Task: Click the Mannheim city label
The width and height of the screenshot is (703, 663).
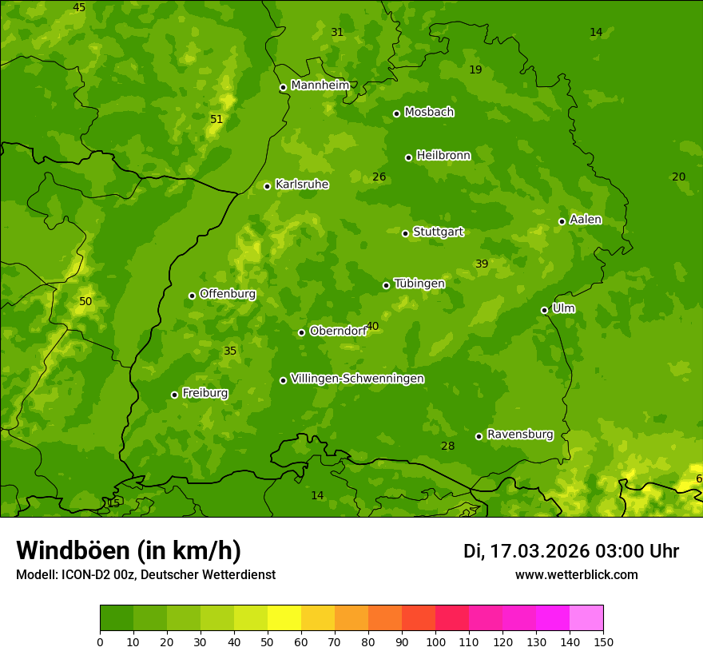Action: pos(320,85)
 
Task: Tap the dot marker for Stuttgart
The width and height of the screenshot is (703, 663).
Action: pos(405,233)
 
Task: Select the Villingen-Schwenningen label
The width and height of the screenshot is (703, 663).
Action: pos(357,379)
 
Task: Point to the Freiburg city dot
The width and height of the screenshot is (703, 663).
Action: pos(174,395)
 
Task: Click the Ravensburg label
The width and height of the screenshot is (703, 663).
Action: pos(519,435)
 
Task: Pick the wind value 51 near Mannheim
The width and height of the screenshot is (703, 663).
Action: pos(216,119)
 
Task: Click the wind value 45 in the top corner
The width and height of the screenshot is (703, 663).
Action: pos(79,7)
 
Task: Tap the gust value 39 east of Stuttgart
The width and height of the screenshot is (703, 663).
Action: pos(482,264)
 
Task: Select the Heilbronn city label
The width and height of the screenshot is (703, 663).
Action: pos(443,155)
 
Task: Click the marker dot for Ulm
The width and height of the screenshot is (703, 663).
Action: pos(544,310)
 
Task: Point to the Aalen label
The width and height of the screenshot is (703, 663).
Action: pos(586,220)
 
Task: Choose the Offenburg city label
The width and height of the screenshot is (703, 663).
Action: pos(228,294)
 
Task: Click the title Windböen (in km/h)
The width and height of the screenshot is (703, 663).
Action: pos(129,550)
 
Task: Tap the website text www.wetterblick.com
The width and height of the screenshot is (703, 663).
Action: pos(576,574)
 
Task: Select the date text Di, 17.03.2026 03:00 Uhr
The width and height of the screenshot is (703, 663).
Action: pos(571,551)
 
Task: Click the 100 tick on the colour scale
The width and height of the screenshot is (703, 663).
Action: pos(435,641)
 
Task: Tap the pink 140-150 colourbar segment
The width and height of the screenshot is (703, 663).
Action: pos(586,617)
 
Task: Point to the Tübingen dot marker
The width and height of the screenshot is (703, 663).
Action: pos(386,285)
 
